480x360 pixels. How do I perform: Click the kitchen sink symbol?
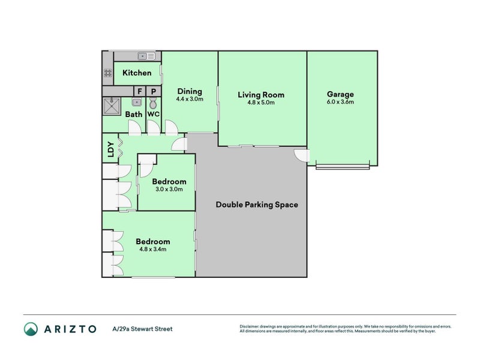146,56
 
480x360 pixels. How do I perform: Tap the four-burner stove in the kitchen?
108,73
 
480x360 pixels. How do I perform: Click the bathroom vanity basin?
137,103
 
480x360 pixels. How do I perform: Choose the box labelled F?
140,91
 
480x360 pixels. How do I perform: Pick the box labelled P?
154,91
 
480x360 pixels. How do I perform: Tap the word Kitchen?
137,73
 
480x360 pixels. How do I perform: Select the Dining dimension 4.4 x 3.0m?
189,99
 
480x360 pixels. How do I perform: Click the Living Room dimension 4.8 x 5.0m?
261,102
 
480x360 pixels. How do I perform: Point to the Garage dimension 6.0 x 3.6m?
340,102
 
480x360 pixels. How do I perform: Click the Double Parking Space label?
257,205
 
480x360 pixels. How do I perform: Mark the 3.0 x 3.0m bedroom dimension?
169,189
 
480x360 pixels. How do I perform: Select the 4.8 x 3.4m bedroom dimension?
152,249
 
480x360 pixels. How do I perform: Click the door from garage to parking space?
301,155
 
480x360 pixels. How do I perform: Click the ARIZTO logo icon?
31,328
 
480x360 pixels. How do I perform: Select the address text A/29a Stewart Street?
142,329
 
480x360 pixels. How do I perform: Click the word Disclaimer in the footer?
250,326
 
